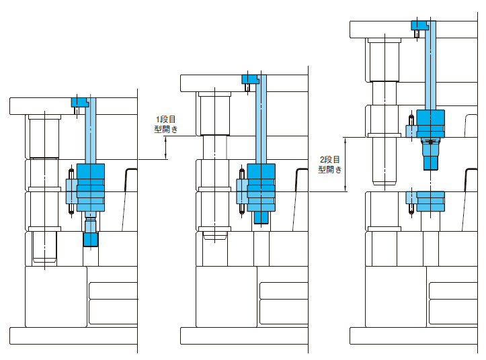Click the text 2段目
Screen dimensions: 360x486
coord(330,160)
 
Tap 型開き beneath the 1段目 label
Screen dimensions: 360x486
coord(165,130)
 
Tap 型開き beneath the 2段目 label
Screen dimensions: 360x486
coord(330,170)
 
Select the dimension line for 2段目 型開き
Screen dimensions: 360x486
coord(345,165)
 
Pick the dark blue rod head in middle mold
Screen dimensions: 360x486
coord(250,79)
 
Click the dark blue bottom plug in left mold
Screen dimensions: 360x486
coord(91,238)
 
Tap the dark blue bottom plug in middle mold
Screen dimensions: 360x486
coord(261,216)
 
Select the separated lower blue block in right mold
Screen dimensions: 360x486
coord(430,200)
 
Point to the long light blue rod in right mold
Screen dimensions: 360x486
coord(430,67)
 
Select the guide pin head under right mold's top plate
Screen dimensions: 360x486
coord(384,41)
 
